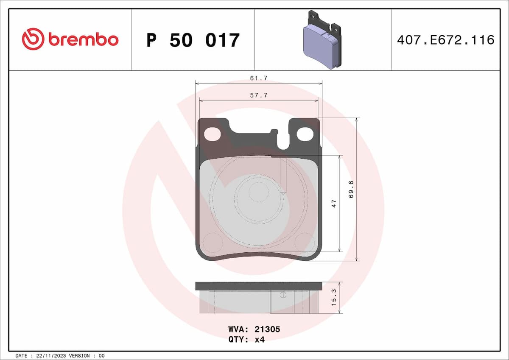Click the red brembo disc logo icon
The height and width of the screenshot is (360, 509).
tap(33, 39)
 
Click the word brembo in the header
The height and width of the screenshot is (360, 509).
tap(83, 40)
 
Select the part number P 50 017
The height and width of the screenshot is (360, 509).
tap(193, 40)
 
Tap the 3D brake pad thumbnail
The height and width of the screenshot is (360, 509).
tap(322, 39)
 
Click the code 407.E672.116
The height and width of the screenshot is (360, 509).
tap(445, 40)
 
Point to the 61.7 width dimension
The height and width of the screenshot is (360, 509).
tap(258, 78)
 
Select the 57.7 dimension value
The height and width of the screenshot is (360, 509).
tap(258, 96)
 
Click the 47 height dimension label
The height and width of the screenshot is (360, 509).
tap(334, 203)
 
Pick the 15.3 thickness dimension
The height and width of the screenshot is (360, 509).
tap(334, 298)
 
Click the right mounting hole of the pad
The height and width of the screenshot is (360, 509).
tap(305, 134)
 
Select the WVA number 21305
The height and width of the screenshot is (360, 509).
tap(267, 329)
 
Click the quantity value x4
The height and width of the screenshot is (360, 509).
tap(260, 339)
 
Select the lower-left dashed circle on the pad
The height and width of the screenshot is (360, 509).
tap(213, 242)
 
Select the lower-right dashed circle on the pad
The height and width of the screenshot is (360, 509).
tap(304, 242)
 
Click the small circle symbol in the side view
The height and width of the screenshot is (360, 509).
tap(284, 295)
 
